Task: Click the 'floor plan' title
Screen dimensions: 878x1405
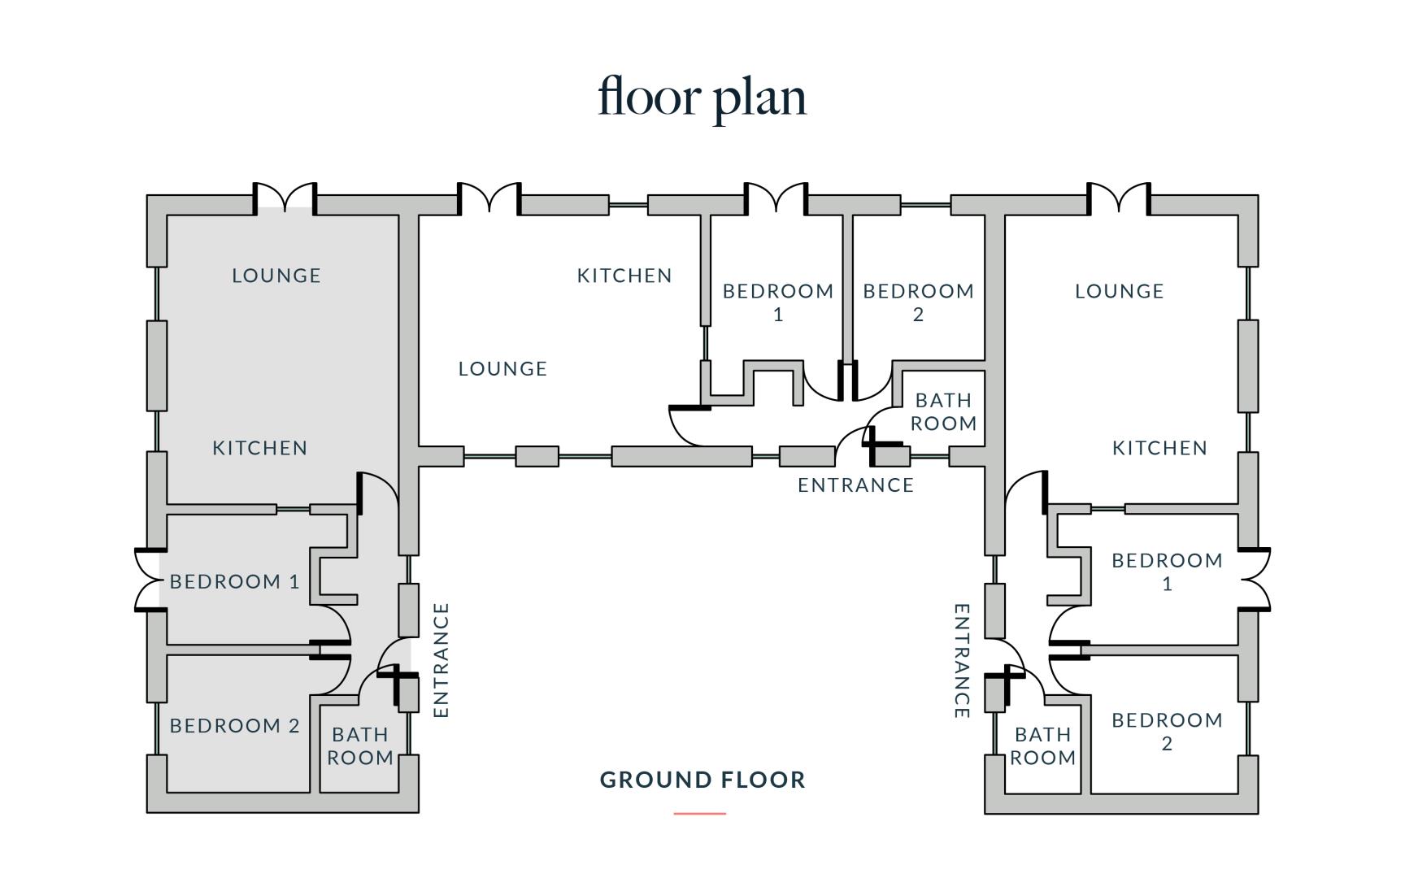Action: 702,98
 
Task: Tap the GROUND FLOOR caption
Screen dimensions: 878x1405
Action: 702,780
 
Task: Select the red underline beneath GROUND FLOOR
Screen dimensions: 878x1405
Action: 699,813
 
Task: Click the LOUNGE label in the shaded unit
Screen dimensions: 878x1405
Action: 276,276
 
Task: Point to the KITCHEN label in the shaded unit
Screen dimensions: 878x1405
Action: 260,448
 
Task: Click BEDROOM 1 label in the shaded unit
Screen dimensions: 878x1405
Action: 234,581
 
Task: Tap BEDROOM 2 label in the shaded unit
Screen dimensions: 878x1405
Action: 234,725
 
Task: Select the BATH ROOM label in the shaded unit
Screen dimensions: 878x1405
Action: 360,746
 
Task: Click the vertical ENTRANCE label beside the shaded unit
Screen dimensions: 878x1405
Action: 441,660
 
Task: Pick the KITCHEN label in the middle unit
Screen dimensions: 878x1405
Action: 624,276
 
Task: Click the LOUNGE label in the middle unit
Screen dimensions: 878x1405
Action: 502,369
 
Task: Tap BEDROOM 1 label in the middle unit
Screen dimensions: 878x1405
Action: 778,302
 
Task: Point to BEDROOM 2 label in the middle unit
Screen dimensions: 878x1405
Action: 919,302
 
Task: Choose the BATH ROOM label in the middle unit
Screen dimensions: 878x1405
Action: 943,411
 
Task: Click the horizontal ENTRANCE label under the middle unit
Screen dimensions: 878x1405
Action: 855,485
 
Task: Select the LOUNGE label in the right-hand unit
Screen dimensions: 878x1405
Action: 1120,291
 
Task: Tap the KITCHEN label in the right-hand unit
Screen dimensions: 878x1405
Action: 1159,448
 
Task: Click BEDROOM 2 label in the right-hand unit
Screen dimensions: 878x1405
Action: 1167,732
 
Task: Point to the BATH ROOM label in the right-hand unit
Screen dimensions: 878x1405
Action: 1043,746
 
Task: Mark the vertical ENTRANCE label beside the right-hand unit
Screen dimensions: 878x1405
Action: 962,661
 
